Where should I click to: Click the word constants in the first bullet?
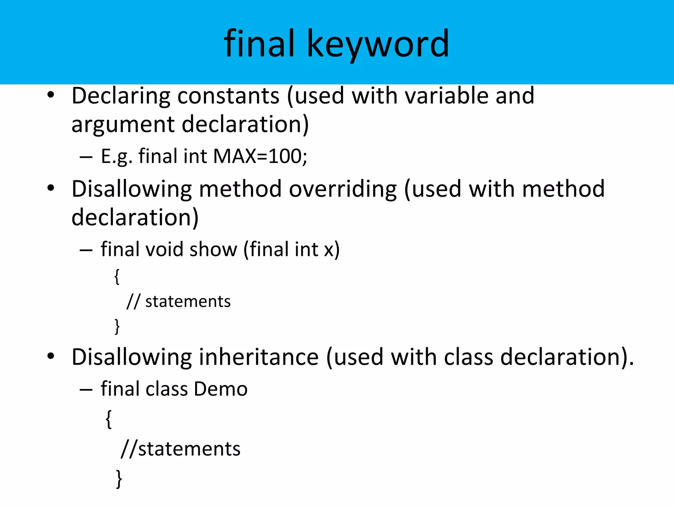228,96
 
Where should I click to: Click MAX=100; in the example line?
260,156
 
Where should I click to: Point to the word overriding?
343,189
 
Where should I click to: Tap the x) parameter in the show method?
332,249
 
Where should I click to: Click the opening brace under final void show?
117,276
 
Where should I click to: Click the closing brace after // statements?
117,326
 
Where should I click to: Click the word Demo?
220,389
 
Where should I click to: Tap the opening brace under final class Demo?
109,419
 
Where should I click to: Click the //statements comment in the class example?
181,449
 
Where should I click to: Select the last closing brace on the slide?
119,479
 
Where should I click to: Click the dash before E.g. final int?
86,157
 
